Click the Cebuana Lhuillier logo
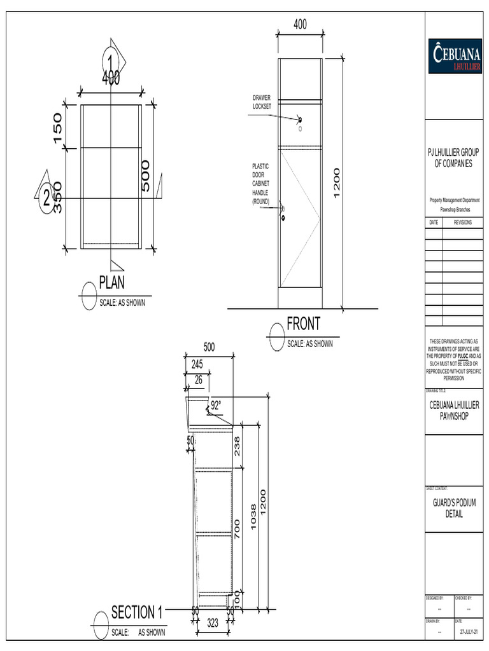pyautogui.click(x=455, y=56)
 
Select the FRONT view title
pyautogui.click(x=303, y=324)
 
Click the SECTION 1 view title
pyautogui.click(x=137, y=613)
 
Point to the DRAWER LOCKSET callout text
pyautogui.click(x=262, y=102)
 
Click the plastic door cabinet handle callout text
pyautogui.click(x=261, y=184)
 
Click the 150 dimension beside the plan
pyautogui.click(x=57, y=128)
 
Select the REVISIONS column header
pyautogui.click(x=462, y=223)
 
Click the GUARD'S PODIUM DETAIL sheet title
pyautogui.click(x=454, y=508)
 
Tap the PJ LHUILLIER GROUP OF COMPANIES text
pyautogui.click(x=453, y=158)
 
